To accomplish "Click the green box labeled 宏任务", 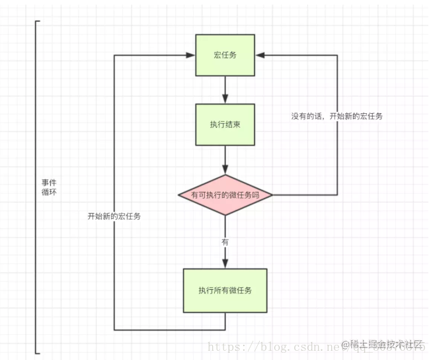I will (225, 55).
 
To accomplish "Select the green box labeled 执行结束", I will (225, 124).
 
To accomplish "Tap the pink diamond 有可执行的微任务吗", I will (225, 195).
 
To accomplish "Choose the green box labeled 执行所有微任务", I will (225, 290).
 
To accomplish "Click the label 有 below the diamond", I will (225, 242).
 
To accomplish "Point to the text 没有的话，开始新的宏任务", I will (337, 116).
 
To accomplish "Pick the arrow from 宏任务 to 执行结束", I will (225, 89).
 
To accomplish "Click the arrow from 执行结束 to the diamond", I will (225, 160).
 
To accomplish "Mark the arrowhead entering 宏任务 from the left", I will (190, 55).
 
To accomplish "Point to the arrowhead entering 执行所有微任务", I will (225, 264).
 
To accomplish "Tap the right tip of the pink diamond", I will (272, 195).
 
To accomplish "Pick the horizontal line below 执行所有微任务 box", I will (169, 329).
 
